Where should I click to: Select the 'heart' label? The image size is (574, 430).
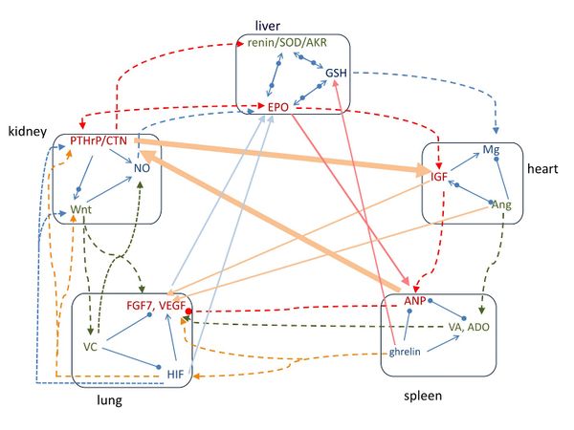[x=541, y=168]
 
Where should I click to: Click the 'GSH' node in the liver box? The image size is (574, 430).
[x=337, y=74]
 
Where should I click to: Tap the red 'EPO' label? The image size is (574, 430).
[x=279, y=106]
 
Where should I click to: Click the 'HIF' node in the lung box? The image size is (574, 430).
[x=175, y=372]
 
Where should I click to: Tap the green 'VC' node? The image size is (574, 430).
[x=92, y=346]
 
